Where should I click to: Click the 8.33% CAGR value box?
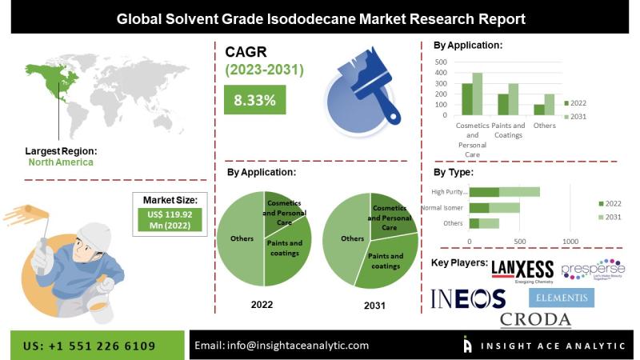255,101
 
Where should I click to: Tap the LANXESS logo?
522,270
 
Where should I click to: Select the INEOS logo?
469,298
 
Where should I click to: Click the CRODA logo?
535,319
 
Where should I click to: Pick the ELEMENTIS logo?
562,298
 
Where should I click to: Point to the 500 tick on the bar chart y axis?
441,62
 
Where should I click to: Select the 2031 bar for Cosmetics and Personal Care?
478,94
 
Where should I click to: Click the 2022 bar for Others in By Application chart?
539,110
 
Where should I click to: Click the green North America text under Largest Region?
61,162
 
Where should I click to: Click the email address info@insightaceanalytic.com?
282,346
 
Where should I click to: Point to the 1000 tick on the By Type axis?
570,240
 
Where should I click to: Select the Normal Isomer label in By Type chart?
442,208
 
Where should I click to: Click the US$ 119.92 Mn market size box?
169,219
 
